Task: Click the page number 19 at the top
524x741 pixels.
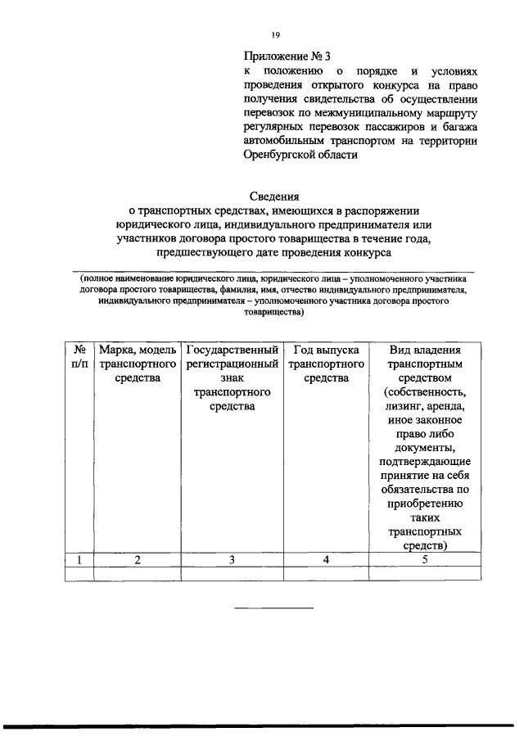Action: [x=275, y=34]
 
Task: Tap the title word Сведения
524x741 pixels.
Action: [x=273, y=196]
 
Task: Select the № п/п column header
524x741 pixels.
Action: [x=79, y=357]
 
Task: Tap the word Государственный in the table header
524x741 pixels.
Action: [x=233, y=350]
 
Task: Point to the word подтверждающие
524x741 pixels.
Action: [x=424, y=462]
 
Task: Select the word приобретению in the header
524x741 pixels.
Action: [x=424, y=504]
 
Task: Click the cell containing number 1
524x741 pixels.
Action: [x=79, y=560]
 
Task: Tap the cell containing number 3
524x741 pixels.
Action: [x=233, y=560]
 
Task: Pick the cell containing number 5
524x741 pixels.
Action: [x=424, y=560]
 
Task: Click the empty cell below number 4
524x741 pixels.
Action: [x=326, y=574]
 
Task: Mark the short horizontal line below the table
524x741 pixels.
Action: [x=274, y=608]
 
